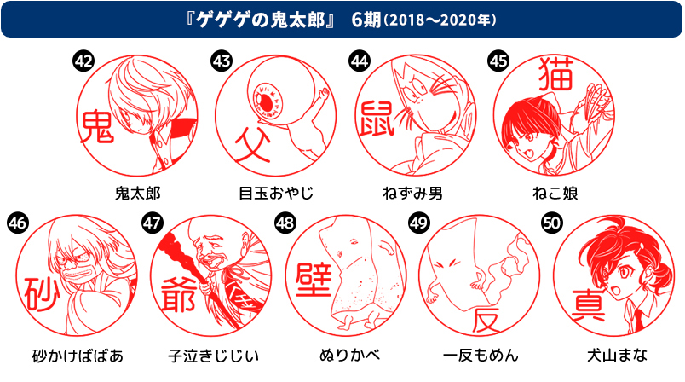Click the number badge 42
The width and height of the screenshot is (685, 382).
point(83,61)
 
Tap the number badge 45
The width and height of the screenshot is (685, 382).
point(498,61)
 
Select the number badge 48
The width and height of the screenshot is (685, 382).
point(285,223)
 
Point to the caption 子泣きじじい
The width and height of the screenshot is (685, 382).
point(214,355)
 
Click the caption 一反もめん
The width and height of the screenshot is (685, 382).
point(481,355)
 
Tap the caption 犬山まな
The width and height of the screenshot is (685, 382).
point(612,355)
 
